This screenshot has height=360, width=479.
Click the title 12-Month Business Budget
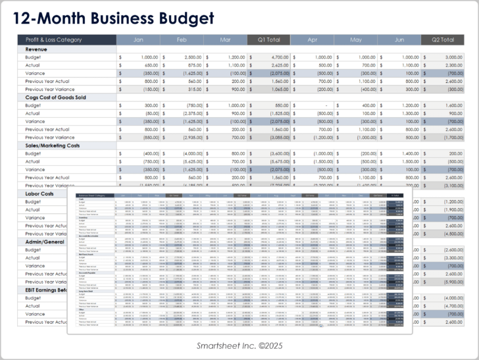115,18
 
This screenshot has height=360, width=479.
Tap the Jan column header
138,39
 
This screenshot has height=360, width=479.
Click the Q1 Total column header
268,39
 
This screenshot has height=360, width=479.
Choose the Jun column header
399,39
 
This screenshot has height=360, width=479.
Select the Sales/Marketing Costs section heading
58,145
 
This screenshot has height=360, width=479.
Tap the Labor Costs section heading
40,193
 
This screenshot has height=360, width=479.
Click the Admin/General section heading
45,242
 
